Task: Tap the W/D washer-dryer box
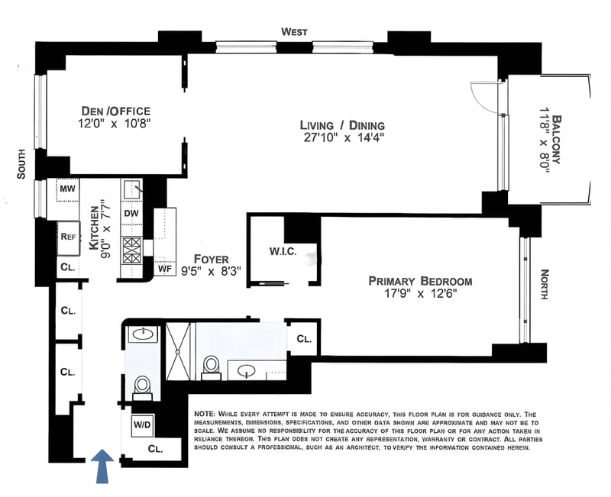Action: [142, 424]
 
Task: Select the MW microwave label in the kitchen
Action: [68, 189]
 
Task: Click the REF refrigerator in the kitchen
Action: [69, 237]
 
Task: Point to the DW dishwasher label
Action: [131, 214]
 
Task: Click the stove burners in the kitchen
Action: [131, 251]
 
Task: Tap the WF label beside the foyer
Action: [165, 269]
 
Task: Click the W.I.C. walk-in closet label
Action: [283, 252]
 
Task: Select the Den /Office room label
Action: [116, 111]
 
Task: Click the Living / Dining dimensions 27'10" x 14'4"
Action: [344, 138]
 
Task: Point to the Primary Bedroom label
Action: [420, 281]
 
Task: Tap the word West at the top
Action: [295, 31]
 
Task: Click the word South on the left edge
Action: [21, 164]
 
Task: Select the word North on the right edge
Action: [545, 284]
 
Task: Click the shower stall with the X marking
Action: [178, 351]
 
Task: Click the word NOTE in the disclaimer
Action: [204, 414]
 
